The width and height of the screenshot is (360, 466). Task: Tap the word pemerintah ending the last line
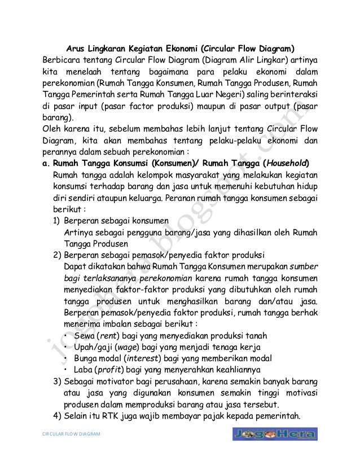coord(294,417)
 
